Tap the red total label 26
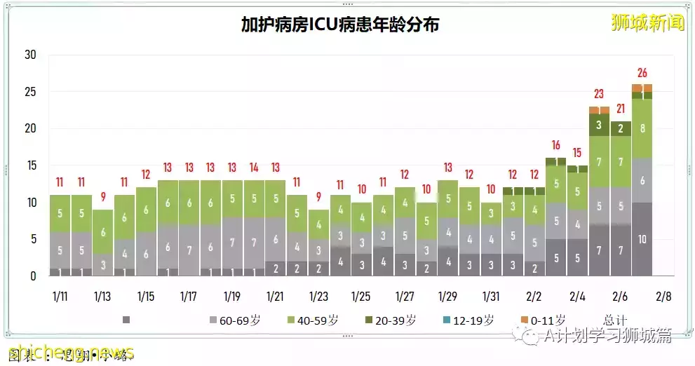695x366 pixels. click(x=642, y=73)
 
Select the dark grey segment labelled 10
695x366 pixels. click(x=642, y=238)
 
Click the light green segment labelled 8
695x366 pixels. click(x=642, y=128)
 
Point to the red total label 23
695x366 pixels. click(x=599, y=94)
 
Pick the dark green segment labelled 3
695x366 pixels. click(x=599, y=125)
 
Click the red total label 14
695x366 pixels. click(x=254, y=168)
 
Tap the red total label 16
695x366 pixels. click(x=556, y=146)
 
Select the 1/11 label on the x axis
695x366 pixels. click(x=60, y=297)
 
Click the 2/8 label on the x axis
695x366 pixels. click(x=663, y=297)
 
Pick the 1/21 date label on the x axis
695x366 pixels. click(x=275, y=297)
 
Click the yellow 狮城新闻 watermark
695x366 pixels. click(x=647, y=22)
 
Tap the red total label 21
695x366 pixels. click(x=621, y=109)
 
